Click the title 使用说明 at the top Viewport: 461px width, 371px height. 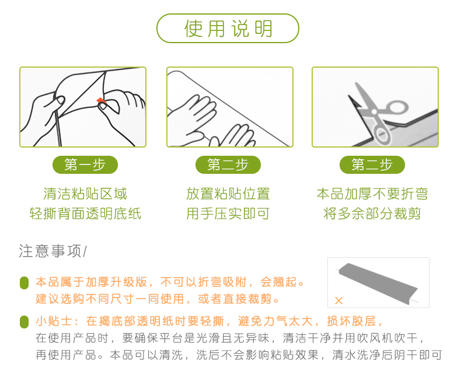pos(228,29)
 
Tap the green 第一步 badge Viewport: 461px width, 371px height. pos(85,164)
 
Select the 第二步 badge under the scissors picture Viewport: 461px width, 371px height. pos(372,164)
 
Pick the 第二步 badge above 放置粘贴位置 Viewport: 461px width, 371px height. pos(228,164)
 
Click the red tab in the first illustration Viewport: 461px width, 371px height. pos(101,101)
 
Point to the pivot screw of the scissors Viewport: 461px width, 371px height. pos(374,112)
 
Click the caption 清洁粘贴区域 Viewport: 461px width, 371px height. pos(85,194)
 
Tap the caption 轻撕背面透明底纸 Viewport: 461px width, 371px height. pos(85,213)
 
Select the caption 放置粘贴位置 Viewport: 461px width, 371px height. pos(228,194)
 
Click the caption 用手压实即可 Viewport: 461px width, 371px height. pos(228,213)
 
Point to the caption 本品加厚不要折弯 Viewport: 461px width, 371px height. pos(372,194)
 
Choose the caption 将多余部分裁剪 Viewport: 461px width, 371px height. pos(372,213)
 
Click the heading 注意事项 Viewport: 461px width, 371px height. pos(50,251)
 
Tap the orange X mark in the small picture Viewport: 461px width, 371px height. pos(338,300)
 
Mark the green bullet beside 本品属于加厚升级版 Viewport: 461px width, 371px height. pos(24,283)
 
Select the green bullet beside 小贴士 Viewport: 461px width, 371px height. pos(24,321)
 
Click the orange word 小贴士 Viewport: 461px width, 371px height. pos(54,321)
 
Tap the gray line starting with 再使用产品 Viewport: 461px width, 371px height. pos(239,355)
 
